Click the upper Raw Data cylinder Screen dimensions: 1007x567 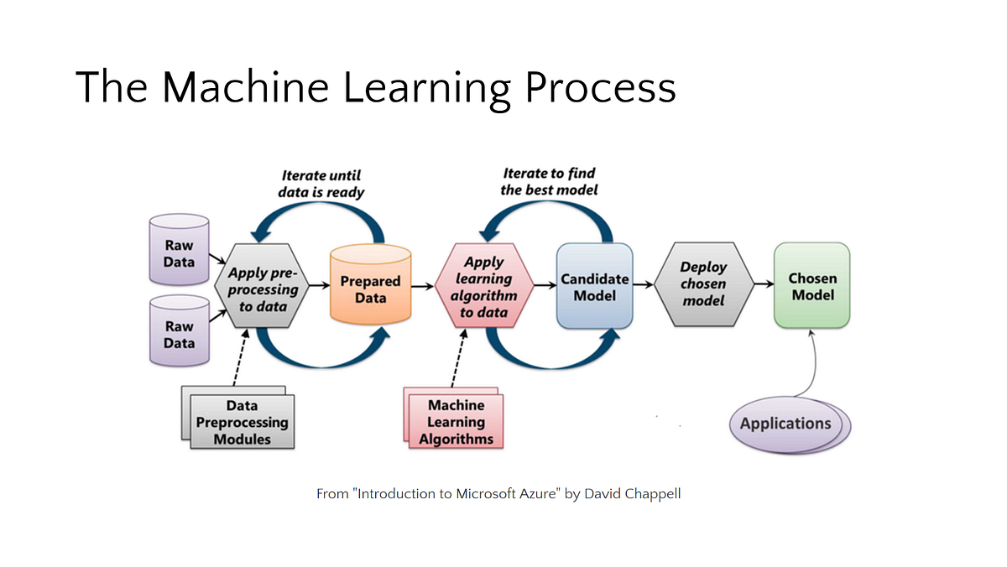[179, 250]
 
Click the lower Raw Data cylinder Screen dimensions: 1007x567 [179, 330]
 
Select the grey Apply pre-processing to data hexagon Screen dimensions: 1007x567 [262, 286]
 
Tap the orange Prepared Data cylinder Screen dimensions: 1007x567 [370, 284]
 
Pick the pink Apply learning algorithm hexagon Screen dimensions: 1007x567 [484, 286]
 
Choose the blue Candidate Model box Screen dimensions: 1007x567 [594, 286]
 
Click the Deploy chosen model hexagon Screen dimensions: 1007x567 [703, 284]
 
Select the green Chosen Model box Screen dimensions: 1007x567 [812, 285]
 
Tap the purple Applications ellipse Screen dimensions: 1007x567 [790, 424]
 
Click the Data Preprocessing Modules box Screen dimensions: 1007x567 [238, 418]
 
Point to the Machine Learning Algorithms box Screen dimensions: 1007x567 [454, 418]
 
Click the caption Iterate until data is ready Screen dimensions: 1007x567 [321, 184]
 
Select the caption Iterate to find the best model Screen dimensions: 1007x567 [549, 181]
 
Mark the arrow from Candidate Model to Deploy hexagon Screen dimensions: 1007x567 [644, 284]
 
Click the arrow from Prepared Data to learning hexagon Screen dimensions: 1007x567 [423, 286]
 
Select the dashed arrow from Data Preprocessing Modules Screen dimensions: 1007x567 [241, 357]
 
